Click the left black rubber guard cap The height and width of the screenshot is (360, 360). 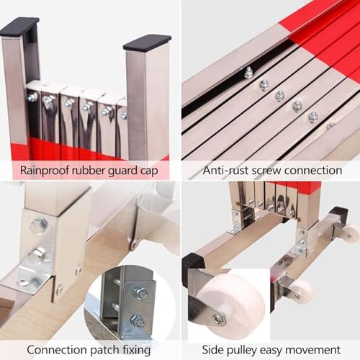pos(19,28)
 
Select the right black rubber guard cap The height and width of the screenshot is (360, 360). pos(147,42)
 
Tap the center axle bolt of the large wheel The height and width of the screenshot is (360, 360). pos(218,318)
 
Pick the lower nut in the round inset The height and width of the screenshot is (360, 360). pos(138,320)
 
